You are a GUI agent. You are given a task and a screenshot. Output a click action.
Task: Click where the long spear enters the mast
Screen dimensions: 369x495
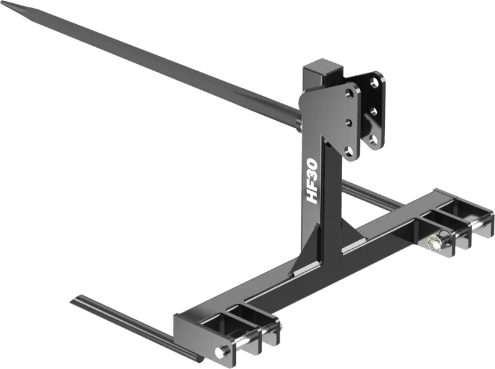click(299, 121)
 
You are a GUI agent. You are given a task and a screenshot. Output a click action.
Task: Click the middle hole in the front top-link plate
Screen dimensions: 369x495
click(350, 122)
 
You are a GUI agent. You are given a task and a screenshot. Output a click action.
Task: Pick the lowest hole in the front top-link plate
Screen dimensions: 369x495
click(350, 150)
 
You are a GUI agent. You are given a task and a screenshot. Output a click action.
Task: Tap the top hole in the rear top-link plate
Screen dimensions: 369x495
click(374, 84)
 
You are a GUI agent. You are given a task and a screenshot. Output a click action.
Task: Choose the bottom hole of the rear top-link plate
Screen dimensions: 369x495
click(373, 140)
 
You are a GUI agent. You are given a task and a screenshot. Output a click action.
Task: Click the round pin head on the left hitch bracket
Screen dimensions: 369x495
click(219, 352)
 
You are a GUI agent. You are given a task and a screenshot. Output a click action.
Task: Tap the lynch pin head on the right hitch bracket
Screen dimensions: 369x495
click(436, 244)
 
